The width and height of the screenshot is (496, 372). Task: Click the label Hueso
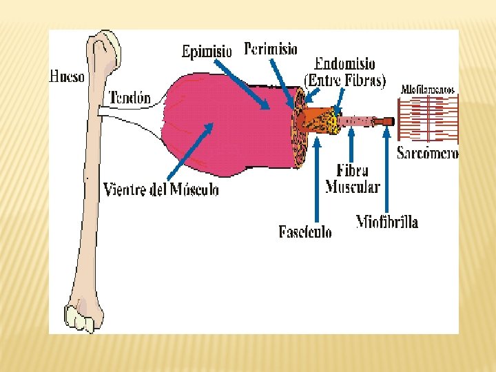(68, 76)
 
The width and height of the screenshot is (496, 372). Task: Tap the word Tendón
(130, 98)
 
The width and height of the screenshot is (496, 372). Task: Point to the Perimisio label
(271, 49)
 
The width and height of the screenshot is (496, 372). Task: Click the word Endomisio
(344, 64)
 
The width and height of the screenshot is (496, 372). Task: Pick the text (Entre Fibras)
(344, 80)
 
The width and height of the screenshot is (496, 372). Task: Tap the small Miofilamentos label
(428, 90)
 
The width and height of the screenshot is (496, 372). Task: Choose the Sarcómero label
(427, 154)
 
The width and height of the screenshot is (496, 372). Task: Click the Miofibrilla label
(386, 222)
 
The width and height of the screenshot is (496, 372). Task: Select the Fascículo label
(305, 232)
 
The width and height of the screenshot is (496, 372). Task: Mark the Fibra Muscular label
(353, 178)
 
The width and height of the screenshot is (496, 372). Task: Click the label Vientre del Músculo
(161, 189)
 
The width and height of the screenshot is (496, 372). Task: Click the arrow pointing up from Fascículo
(317, 179)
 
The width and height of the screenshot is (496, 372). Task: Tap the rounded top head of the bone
(107, 44)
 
